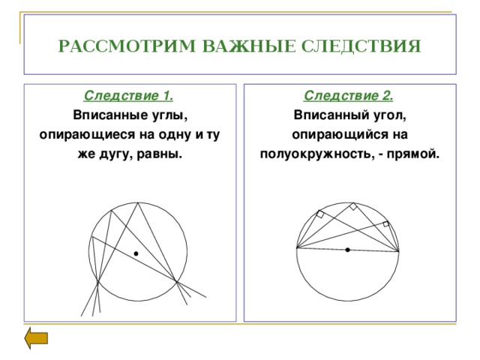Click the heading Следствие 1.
(130, 96)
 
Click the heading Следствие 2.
(350, 96)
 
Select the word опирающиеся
(73, 135)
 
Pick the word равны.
(163, 154)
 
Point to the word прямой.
(413, 154)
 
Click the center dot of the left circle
(136, 254)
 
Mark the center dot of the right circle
(348, 250)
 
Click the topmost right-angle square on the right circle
(352, 206)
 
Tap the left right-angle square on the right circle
(321, 215)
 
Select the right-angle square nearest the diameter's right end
(386, 223)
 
